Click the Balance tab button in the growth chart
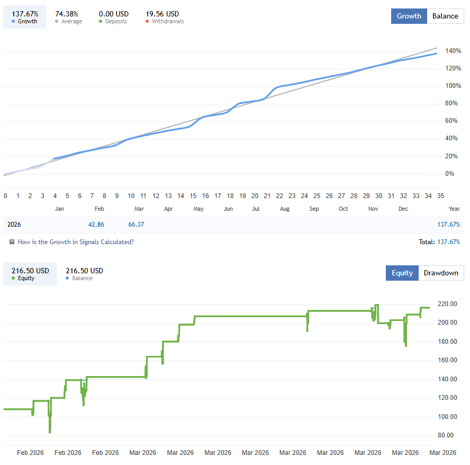pyautogui.click(x=445, y=16)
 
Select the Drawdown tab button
pyautogui.click(x=441, y=273)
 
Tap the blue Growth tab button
pyautogui.click(x=409, y=16)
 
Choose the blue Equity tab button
pyautogui.click(x=402, y=273)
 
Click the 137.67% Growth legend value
pyautogui.click(x=25, y=14)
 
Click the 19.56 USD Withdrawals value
pyautogui.click(x=162, y=14)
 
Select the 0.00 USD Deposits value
pyautogui.click(x=114, y=14)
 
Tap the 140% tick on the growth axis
pyautogui.click(x=454, y=51)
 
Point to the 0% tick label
pyautogui.click(x=449, y=174)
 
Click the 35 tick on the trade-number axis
pyautogui.click(x=440, y=195)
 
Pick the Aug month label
pyautogui.click(x=285, y=209)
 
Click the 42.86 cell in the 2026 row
pyautogui.click(x=96, y=225)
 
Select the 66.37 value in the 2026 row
pyautogui.click(x=136, y=225)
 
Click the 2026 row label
pyautogui.click(x=14, y=225)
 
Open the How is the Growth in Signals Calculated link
pyautogui.click(x=75, y=242)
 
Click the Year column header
pyautogui.click(x=454, y=209)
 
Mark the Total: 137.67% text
pyautogui.click(x=439, y=242)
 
